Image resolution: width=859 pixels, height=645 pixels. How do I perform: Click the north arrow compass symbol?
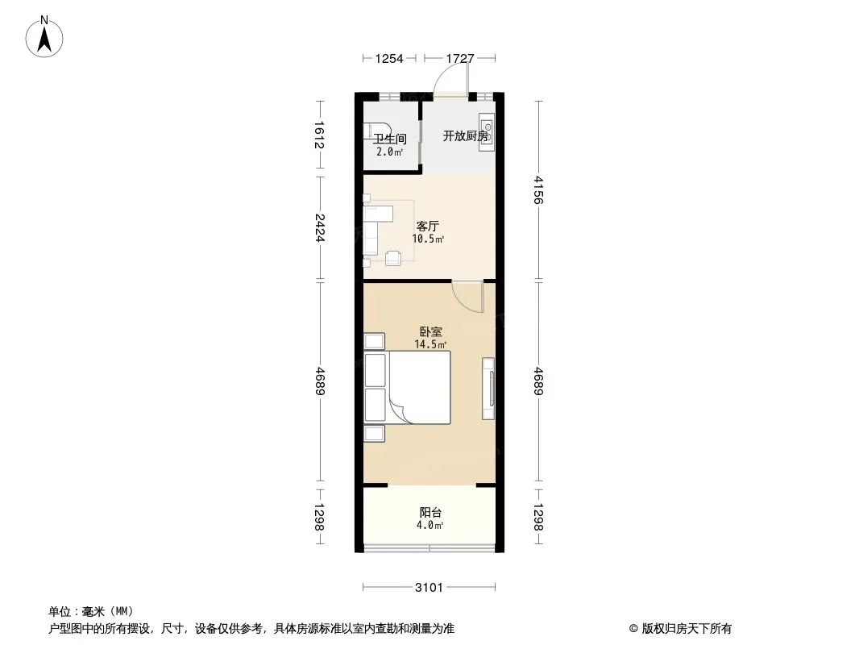44,37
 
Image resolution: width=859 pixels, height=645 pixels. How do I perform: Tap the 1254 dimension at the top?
389,58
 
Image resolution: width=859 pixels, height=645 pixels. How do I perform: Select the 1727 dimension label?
460,58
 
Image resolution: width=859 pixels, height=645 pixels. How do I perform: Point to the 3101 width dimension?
429,588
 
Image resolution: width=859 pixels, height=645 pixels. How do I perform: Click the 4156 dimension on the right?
538,189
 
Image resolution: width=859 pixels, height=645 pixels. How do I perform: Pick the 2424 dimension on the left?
320,228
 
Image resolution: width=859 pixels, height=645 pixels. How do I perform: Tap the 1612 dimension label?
320,135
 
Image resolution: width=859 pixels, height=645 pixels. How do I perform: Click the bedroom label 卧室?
431,331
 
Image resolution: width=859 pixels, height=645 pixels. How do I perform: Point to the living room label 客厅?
428,226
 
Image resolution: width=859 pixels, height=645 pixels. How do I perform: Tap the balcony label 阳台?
430,513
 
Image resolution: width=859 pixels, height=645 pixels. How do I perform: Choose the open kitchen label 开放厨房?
465,136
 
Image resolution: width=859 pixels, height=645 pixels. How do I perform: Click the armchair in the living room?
393,257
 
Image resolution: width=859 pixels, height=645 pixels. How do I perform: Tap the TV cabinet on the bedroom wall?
488,389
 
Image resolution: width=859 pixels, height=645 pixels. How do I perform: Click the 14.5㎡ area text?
430,344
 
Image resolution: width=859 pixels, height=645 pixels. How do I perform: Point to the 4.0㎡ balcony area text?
430,525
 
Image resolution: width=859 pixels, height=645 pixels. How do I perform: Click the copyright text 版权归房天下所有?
687,629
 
